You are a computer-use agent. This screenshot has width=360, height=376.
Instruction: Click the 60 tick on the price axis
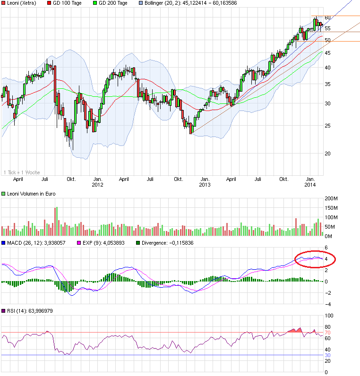point(327,18)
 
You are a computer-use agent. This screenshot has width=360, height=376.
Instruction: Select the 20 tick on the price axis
point(327,153)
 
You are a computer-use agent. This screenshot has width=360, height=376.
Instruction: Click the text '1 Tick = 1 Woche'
point(21,172)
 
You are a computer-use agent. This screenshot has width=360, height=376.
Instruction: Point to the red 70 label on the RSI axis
point(327,333)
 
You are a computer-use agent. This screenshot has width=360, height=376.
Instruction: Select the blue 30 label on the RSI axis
point(327,355)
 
